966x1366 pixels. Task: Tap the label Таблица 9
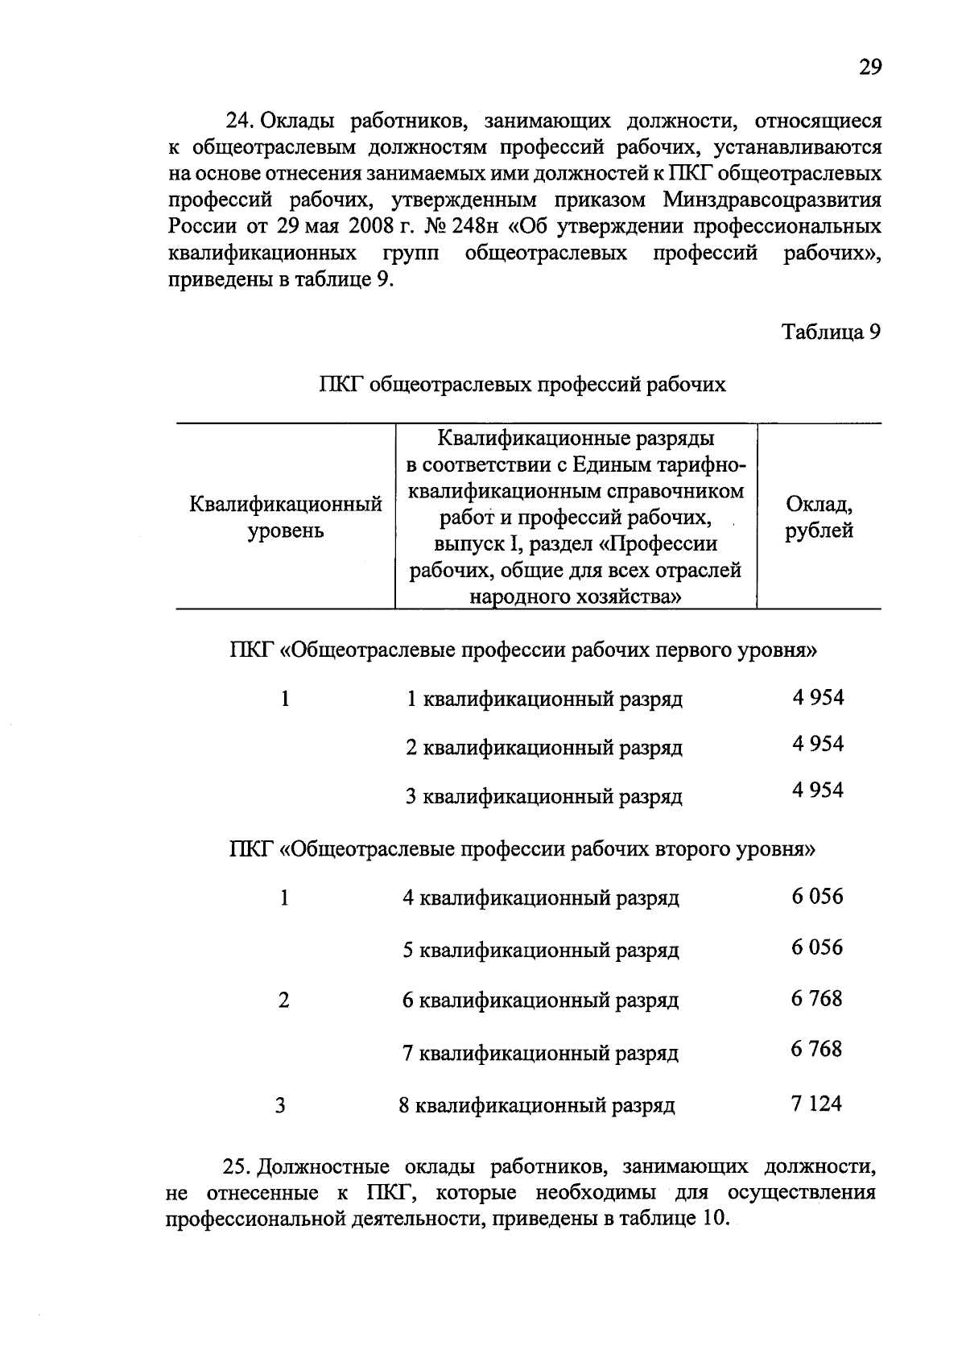[832, 332]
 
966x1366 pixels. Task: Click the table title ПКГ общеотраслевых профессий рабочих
[522, 385]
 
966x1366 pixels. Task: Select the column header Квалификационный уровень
[285, 518]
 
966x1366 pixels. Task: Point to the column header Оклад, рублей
[819, 518]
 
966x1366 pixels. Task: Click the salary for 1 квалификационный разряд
[818, 698]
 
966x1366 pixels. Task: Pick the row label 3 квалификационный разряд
[543, 797]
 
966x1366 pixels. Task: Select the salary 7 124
[816, 1104]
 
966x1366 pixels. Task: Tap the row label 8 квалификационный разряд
[537, 1106]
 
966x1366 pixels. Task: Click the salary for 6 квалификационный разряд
[816, 999]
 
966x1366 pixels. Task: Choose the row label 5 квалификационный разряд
[540, 951]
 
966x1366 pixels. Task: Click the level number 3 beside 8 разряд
[280, 1106]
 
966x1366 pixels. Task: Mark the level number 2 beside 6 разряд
[283, 1001]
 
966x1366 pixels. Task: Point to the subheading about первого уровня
[522, 650]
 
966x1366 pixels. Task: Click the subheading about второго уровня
[522, 848]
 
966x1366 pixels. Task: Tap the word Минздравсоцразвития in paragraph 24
[772, 200]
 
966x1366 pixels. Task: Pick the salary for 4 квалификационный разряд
[817, 897]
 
